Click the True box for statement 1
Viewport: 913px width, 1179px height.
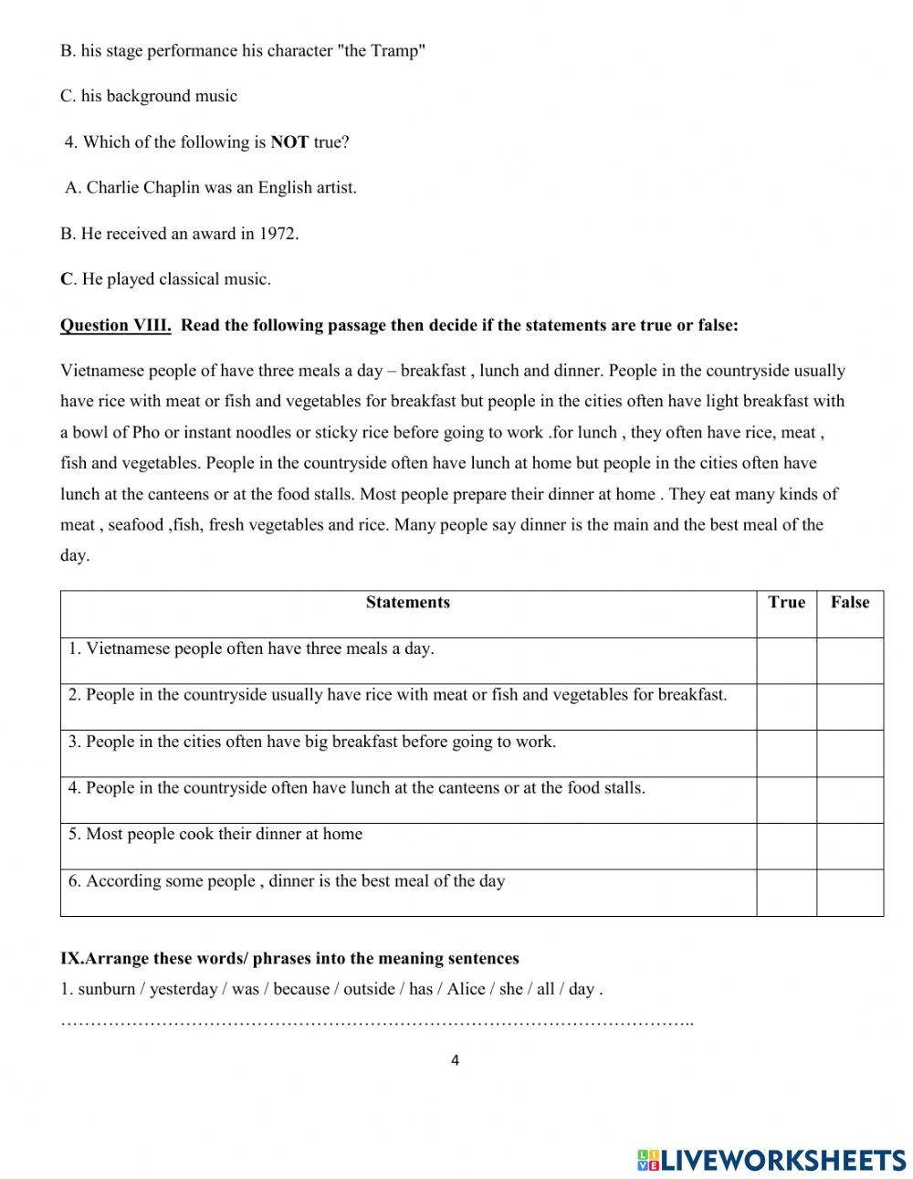coord(786,660)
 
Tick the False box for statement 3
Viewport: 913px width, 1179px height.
coord(850,753)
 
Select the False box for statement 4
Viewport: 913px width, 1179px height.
coord(850,799)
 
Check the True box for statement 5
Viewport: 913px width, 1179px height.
coord(786,846)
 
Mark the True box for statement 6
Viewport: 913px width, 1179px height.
coord(786,892)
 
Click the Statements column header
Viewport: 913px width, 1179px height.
coord(407,603)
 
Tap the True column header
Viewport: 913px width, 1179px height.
coord(786,603)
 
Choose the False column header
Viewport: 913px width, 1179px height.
coord(850,603)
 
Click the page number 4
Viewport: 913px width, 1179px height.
coord(455,1060)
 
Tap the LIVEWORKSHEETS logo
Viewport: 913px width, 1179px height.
coord(771,1160)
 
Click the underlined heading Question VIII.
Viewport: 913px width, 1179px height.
coord(115,325)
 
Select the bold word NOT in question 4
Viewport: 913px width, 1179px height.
coord(289,142)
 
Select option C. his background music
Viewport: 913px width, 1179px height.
coord(149,97)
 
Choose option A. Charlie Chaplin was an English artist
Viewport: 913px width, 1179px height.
coord(210,188)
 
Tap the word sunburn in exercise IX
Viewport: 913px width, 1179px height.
coord(107,989)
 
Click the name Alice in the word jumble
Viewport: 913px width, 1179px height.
coord(466,989)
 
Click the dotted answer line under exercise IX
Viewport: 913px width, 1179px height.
coord(376,1021)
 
